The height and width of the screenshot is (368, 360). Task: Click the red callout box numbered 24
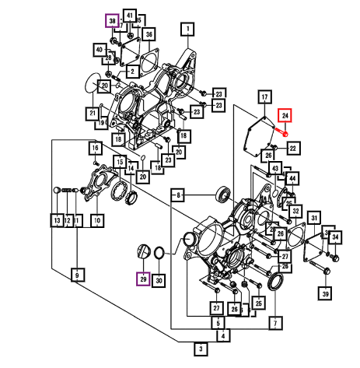(285, 115)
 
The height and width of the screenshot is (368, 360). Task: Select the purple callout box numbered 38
(112, 21)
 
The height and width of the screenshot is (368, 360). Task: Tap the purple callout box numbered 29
(143, 279)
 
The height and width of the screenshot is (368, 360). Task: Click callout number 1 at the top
(188, 30)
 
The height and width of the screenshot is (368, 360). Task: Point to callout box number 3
(201, 349)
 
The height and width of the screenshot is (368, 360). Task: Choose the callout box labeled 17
(264, 97)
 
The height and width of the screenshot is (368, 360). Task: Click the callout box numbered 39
(325, 293)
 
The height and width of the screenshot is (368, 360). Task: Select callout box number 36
(149, 34)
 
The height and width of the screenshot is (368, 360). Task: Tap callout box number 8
(178, 195)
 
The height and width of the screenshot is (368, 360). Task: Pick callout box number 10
(97, 221)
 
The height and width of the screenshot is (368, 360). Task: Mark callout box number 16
(96, 148)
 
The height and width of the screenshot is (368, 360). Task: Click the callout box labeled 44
(292, 178)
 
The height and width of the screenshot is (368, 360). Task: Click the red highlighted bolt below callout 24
(281, 131)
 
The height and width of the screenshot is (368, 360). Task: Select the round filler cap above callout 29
(144, 251)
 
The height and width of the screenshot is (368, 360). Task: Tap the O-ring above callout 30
(159, 253)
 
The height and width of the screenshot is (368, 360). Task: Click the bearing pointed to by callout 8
(223, 194)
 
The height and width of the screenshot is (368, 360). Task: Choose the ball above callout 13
(57, 190)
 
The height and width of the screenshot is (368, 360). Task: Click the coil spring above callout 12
(68, 191)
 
